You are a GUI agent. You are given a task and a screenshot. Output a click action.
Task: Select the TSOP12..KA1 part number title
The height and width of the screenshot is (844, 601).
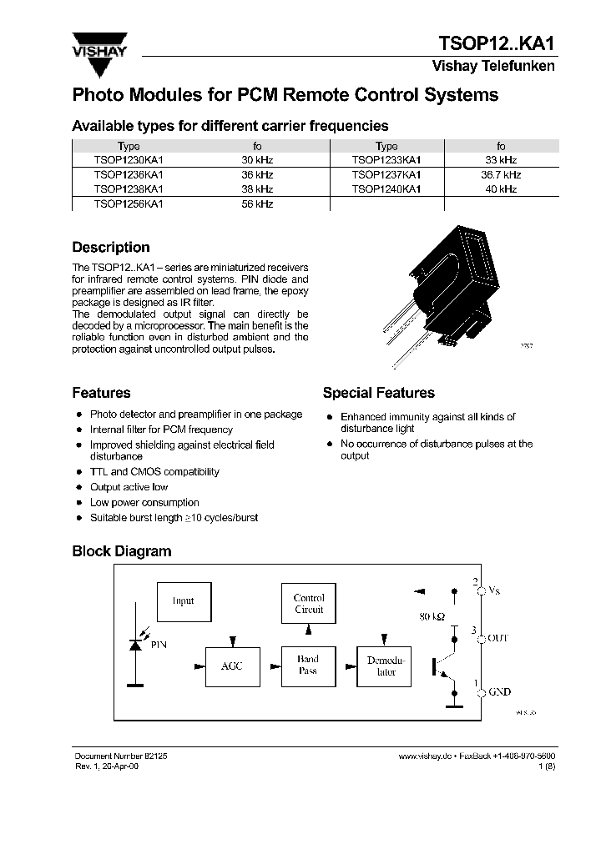click(497, 43)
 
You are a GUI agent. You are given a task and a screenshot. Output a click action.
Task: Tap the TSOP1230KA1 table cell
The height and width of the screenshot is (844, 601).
click(129, 159)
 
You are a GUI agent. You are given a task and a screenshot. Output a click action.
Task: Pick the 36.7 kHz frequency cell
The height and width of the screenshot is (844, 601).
click(501, 174)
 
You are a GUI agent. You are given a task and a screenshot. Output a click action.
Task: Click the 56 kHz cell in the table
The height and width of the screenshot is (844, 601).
click(257, 203)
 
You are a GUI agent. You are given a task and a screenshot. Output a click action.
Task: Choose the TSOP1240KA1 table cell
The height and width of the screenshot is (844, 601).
click(386, 189)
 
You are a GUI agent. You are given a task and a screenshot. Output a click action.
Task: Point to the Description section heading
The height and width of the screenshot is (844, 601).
click(111, 248)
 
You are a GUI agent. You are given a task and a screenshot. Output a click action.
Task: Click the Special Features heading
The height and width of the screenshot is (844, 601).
click(378, 393)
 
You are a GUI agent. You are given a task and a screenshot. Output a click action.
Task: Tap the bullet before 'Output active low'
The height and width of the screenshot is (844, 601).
click(78, 488)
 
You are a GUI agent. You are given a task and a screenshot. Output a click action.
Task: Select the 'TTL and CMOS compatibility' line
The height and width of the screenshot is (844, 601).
click(154, 472)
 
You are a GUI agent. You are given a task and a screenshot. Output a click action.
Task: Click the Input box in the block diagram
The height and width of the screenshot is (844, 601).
click(184, 601)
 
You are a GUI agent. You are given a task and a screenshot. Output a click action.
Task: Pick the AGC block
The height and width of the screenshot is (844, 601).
click(232, 666)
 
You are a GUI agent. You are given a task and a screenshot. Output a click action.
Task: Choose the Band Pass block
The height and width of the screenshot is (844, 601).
click(308, 666)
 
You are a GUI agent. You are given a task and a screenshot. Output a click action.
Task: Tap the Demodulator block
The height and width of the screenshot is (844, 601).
click(386, 666)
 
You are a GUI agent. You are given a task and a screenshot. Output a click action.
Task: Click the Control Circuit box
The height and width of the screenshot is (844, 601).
click(309, 604)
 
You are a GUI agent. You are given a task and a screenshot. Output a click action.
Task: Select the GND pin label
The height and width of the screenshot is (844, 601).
click(499, 692)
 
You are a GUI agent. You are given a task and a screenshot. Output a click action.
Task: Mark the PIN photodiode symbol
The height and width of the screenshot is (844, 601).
click(134, 645)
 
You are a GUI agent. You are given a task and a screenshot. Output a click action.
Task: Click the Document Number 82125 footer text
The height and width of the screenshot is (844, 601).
click(122, 754)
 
